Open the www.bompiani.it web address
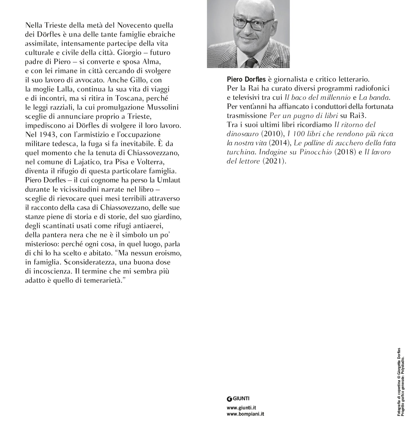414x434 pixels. tap(245, 414)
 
